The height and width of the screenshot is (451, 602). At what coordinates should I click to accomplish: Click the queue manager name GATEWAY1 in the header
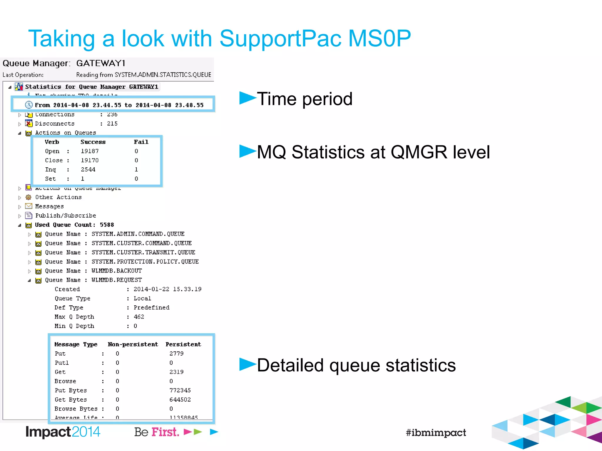tap(101, 63)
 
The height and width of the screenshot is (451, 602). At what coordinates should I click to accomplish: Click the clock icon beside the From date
tap(29, 105)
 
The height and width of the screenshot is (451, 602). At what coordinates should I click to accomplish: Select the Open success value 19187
tap(90, 151)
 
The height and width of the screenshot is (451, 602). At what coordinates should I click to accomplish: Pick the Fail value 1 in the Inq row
tap(136, 170)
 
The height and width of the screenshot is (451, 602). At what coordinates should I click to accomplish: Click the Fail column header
tap(141, 142)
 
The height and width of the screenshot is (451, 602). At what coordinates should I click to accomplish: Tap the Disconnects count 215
tap(112, 124)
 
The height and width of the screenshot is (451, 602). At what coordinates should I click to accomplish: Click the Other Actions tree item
tap(58, 197)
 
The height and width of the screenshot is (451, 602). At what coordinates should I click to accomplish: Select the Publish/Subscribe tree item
tap(66, 216)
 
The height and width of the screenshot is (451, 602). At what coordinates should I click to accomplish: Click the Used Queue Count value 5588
tap(107, 225)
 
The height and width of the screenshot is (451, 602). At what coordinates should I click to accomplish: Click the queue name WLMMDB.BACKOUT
tap(117, 271)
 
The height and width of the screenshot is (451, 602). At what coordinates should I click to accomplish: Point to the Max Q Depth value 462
tap(139, 317)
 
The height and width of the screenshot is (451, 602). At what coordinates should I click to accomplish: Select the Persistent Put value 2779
tap(176, 354)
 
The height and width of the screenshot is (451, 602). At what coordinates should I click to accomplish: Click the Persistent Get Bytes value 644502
tap(180, 400)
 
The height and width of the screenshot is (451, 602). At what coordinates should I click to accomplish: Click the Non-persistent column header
tap(133, 344)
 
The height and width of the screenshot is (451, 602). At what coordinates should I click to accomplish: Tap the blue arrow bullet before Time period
tap(247, 98)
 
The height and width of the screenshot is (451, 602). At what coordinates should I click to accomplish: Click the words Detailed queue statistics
tap(356, 365)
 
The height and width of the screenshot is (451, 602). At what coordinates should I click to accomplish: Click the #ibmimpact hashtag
tap(436, 433)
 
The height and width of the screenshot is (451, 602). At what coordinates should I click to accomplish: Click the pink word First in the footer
tap(165, 432)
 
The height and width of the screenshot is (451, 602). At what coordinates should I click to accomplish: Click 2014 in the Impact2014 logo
tap(86, 432)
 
